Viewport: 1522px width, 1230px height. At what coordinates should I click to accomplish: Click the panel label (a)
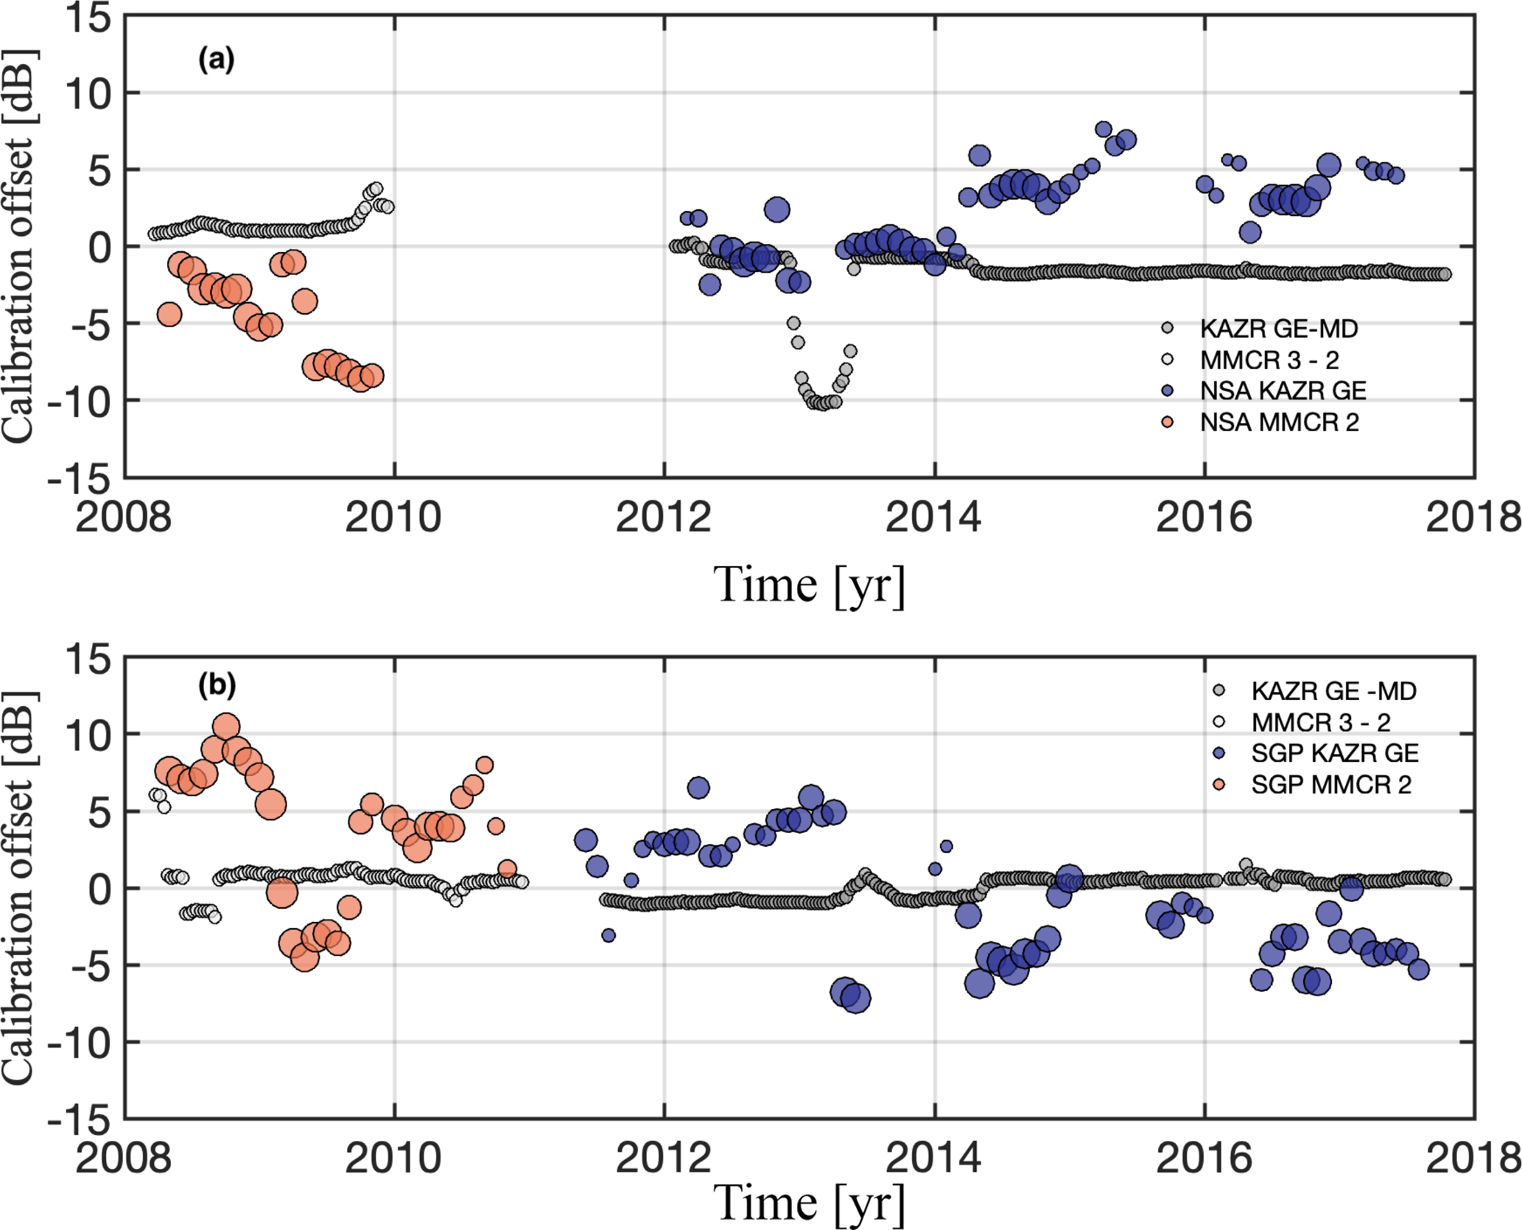(x=216, y=59)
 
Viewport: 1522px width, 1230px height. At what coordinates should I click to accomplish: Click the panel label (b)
(x=217, y=685)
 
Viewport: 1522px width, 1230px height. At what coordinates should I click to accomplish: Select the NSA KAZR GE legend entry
(x=1283, y=391)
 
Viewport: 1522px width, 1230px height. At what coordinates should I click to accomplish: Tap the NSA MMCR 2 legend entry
(x=1279, y=422)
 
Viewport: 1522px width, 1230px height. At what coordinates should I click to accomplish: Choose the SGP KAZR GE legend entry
(x=1334, y=753)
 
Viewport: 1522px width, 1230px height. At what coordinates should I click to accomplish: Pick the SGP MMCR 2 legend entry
(x=1330, y=785)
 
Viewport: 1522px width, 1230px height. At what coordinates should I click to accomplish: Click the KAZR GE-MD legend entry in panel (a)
(x=1278, y=329)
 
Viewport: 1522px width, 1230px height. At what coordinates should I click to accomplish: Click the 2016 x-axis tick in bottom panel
(x=1204, y=1159)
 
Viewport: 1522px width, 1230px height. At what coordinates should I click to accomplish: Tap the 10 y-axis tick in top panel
(x=89, y=94)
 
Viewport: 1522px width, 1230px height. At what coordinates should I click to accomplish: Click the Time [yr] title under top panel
(x=810, y=586)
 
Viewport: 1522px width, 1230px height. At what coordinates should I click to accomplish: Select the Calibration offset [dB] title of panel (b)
(x=18, y=888)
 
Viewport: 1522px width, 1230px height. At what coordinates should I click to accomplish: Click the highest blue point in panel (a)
(x=1103, y=130)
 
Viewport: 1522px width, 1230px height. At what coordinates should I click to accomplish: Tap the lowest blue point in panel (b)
(x=855, y=999)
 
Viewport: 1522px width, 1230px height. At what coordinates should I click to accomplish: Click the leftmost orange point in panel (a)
(x=169, y=315)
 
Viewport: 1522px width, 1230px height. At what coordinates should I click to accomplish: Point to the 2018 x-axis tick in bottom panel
(x=1473, y=1159)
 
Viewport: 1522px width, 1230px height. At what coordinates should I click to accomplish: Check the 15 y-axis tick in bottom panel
(x=89, y=659)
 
